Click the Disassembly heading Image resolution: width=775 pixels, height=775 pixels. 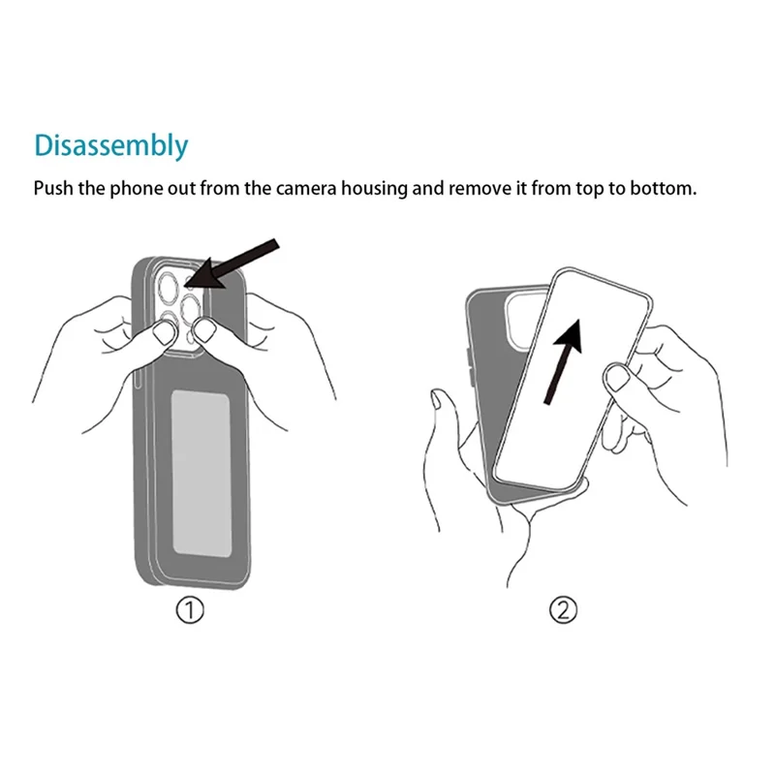coord(111,146)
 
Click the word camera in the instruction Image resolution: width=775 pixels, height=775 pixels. coord(306,189)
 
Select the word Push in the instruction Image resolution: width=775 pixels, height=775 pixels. coord(53,188)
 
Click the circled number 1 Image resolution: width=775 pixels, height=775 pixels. coord(190,610)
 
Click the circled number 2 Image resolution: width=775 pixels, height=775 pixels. coord(563,610)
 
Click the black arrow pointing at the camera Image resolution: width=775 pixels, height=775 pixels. coord(232,263)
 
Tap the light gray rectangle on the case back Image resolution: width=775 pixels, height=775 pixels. coord(201,473)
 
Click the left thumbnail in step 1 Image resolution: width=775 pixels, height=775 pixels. coord(165,332)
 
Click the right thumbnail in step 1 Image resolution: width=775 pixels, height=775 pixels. coord(206,330)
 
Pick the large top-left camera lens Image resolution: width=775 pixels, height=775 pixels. coord(168,287)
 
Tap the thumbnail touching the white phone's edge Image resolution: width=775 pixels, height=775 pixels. coord(617,378)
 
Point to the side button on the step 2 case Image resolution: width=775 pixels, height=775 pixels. coord(470,367)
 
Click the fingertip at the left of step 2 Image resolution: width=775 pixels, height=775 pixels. coord(438,399)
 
